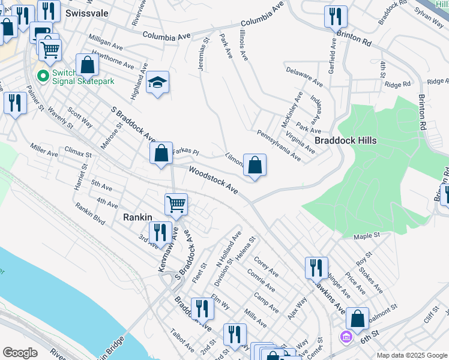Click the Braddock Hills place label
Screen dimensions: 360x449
[345, 140]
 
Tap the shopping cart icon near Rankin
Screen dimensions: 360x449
[176, 204]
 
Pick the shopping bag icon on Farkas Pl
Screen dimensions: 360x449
[161, 153]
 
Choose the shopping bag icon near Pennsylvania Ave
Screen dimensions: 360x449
[255, 164]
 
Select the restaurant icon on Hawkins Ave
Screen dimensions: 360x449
[316, 268]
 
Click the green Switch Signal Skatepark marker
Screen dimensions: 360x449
[43, 76]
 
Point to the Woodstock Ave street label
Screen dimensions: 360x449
[214, 179]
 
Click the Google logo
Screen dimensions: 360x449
[20, 353]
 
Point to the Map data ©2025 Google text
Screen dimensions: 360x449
[412, 355]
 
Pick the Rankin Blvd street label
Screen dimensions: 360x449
[90, 214]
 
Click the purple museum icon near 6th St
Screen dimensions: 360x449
[345, 336]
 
